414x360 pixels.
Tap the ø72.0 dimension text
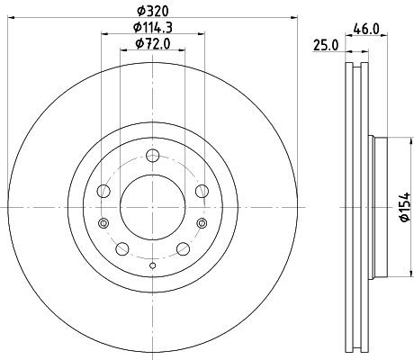(151, 44)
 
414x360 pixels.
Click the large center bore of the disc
(151, 207)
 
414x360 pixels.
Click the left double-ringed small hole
(103, 223)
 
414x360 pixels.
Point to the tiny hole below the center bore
(151, 265)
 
